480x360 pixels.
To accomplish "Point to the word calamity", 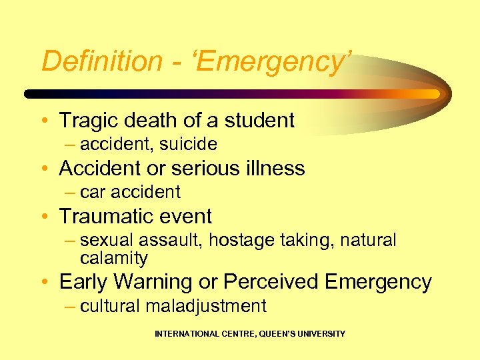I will (113, 257).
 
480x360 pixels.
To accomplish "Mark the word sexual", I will (105, 240).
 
